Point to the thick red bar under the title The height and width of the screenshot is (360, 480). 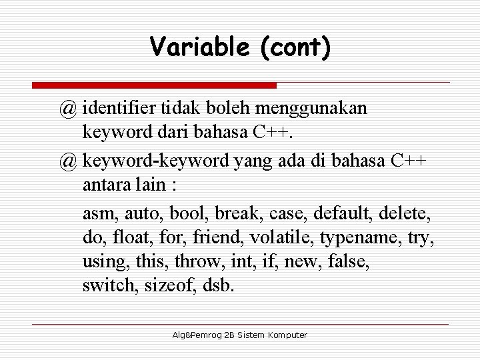(154, 85)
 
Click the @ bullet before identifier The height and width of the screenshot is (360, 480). (67, 109)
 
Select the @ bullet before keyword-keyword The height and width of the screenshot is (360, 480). (67, 161)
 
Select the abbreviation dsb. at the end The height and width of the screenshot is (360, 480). (219, 285)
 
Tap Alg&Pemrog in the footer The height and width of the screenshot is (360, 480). (193, 335)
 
